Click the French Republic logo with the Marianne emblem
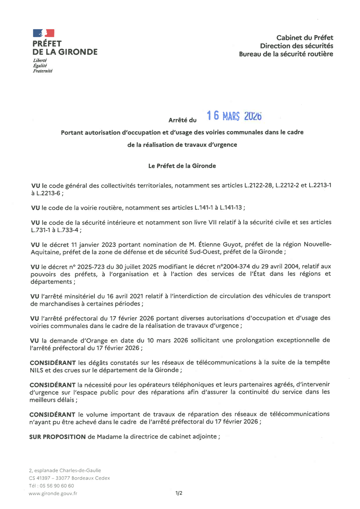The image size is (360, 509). [x=43, y=33]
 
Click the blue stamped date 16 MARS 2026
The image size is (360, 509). [x=234, y=116]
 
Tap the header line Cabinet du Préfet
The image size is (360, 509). [x=308, y=38]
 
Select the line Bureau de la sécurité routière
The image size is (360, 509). [x=286, y=54]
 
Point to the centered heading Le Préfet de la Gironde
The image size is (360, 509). [x=182, y=166]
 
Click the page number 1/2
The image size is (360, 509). [x=179, y=493]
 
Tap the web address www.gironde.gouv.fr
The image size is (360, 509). [x=53, y=493]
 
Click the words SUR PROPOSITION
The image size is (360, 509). [x=57, y=437]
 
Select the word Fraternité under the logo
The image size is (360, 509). [x=42, y=71]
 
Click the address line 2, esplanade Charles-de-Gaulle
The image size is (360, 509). [x=65, y=471]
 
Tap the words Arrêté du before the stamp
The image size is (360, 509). [x=182, y=120]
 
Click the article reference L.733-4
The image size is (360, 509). [x=68, y=230]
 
